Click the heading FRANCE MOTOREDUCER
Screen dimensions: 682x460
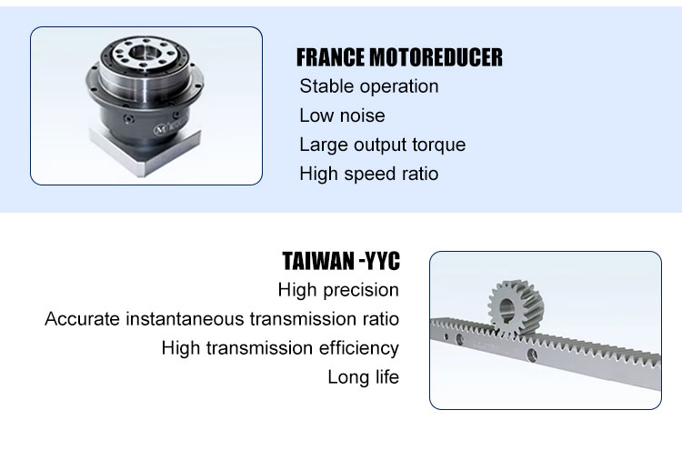399,57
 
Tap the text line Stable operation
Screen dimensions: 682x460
369,86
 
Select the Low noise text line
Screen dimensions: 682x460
342,115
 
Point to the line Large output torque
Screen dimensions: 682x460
382,145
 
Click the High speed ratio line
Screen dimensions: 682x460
369,174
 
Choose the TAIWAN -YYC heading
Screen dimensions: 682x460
341,261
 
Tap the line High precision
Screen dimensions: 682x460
338,290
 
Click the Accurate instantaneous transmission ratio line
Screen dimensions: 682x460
222,319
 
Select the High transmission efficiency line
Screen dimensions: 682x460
280,348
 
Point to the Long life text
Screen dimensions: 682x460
363,377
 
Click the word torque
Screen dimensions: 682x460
439,145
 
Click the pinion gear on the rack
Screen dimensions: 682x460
516,308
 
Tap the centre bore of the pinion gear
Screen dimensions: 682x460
506,309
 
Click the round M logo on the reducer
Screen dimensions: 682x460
160,129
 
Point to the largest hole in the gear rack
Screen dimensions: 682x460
532,355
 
